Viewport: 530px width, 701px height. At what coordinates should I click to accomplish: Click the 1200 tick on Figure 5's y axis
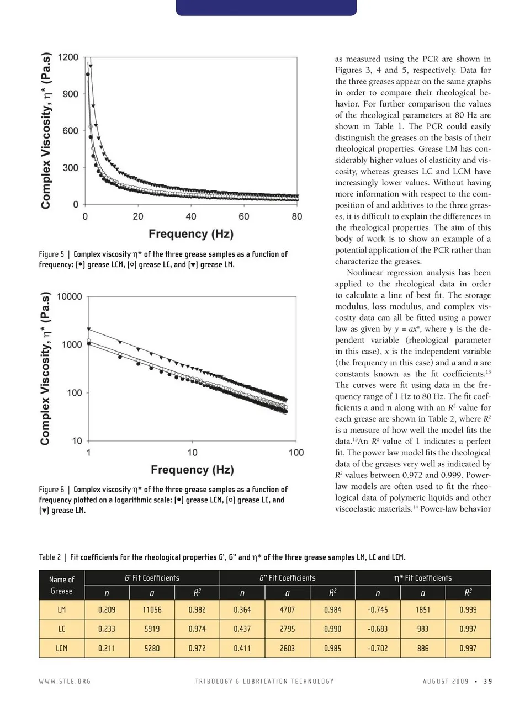68,57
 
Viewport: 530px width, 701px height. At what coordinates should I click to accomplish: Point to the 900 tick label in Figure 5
71,94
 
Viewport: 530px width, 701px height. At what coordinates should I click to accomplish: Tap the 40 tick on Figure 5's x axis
191,216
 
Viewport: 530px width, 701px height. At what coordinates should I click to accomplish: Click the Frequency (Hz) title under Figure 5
191,233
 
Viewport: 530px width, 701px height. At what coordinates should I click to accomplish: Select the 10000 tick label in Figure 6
70,296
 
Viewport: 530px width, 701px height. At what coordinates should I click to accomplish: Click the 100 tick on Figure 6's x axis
296,453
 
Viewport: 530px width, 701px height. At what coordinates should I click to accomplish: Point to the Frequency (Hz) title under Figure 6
192,470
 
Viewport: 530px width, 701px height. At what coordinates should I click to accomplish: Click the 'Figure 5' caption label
51,254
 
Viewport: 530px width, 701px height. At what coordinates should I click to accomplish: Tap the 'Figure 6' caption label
51,490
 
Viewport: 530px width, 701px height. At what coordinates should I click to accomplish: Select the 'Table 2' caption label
50,557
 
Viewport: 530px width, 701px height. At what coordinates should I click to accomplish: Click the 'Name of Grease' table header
61,585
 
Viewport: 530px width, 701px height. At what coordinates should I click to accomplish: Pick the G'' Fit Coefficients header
287,578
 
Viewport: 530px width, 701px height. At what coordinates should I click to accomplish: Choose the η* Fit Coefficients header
423,578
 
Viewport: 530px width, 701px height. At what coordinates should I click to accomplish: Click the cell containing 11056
152,610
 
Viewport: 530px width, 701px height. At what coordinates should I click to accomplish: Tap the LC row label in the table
61,629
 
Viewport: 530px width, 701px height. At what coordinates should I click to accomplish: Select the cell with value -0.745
378,610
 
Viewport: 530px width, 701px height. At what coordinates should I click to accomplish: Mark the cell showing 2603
287,649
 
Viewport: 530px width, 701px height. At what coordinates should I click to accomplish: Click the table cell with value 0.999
468,610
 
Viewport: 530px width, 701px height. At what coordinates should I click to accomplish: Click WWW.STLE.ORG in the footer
65,681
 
